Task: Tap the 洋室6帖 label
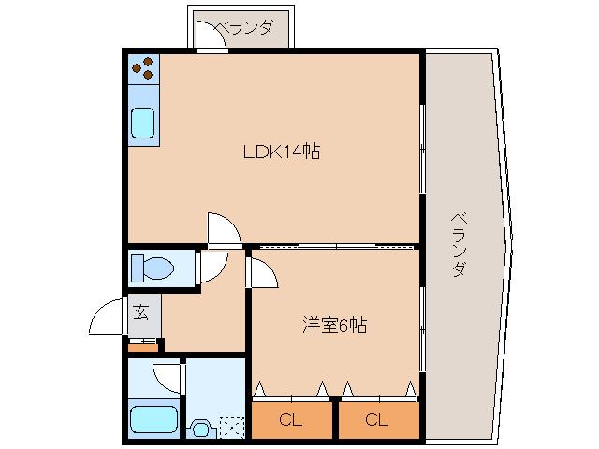(334, 326)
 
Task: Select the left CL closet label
(291, 420)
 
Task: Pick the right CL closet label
(377, 420)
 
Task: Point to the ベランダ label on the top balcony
(245, 28)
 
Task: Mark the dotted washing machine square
(230, 427)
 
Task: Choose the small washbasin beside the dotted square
(199, 429)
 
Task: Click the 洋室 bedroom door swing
(261, 274)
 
